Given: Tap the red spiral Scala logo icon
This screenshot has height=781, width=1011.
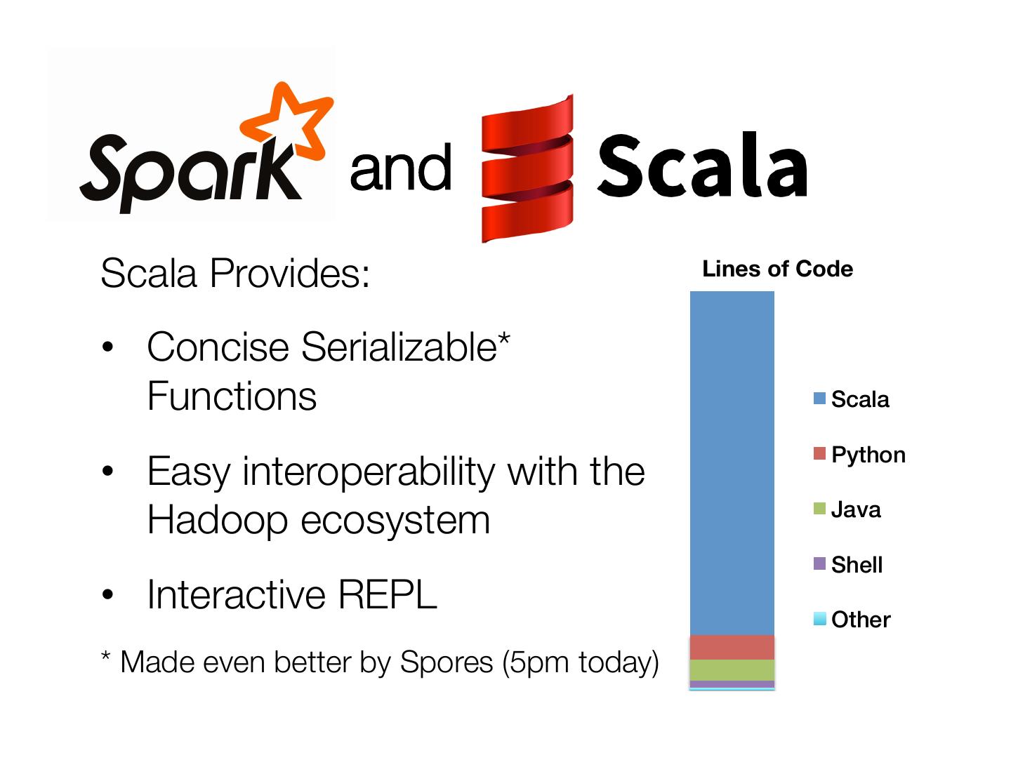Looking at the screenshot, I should (527, 168).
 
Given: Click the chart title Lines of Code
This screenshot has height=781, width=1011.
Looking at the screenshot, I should (777, 269).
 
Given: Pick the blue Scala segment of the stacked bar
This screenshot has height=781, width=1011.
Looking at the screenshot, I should (732, 463).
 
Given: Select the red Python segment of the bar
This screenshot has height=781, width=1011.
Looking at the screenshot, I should (732, 647).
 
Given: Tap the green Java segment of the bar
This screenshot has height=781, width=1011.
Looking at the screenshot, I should (732, 670).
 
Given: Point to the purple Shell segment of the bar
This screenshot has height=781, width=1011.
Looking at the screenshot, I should (732, 684).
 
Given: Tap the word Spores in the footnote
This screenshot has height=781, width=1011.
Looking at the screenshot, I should (447, 662).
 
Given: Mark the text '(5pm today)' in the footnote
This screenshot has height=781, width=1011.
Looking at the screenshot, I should (580, 662).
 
